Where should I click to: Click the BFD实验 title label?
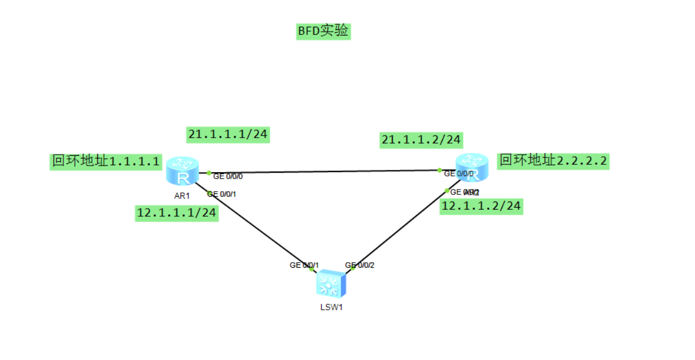pos(323,31)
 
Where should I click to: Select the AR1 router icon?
pos(182,170)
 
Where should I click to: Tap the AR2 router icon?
pos(472,167)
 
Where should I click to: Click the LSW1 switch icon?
pos(330,284)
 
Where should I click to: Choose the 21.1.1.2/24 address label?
pos(421,140)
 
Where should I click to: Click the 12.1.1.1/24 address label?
pos(177,214)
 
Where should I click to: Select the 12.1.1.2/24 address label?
pos(481,206)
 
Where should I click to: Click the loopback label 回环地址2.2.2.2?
pos(553,161)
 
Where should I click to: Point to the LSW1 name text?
pos(331,307)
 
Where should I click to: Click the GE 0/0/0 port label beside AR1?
pos(228,176)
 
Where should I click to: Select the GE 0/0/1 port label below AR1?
pos(221,194)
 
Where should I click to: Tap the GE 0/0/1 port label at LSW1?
pos(304,265)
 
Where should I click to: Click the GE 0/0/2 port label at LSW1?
pos(360,265)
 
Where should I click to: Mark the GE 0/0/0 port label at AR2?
pos(458,174)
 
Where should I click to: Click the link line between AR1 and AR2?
pos(322,172)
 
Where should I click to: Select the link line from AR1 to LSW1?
pos(257,229)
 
